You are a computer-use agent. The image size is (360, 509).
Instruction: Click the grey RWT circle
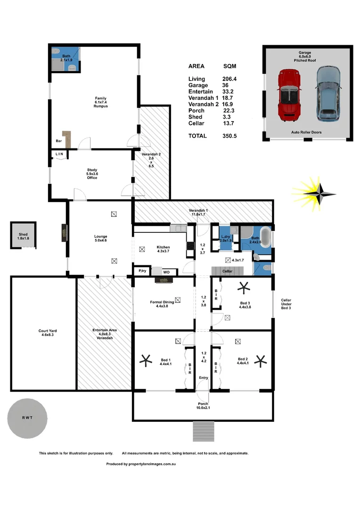(x=27, y=418)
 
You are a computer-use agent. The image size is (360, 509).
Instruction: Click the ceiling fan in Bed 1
(x=147, y=361)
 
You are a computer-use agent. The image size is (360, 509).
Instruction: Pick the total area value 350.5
(x=230, y=136)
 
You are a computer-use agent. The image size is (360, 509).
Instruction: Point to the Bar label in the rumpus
(x=58, y=141)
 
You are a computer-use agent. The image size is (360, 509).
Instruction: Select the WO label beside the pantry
(x=166, y=272)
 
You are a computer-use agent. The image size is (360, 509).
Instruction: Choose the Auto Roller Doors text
(x=306, y=132)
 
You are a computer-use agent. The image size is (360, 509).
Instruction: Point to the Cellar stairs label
(x=227, y=271)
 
